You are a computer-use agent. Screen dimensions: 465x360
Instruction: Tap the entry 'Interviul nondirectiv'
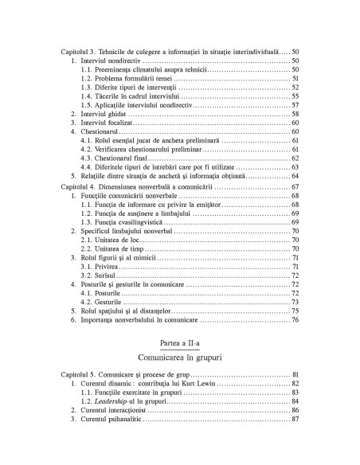point(112,61)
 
